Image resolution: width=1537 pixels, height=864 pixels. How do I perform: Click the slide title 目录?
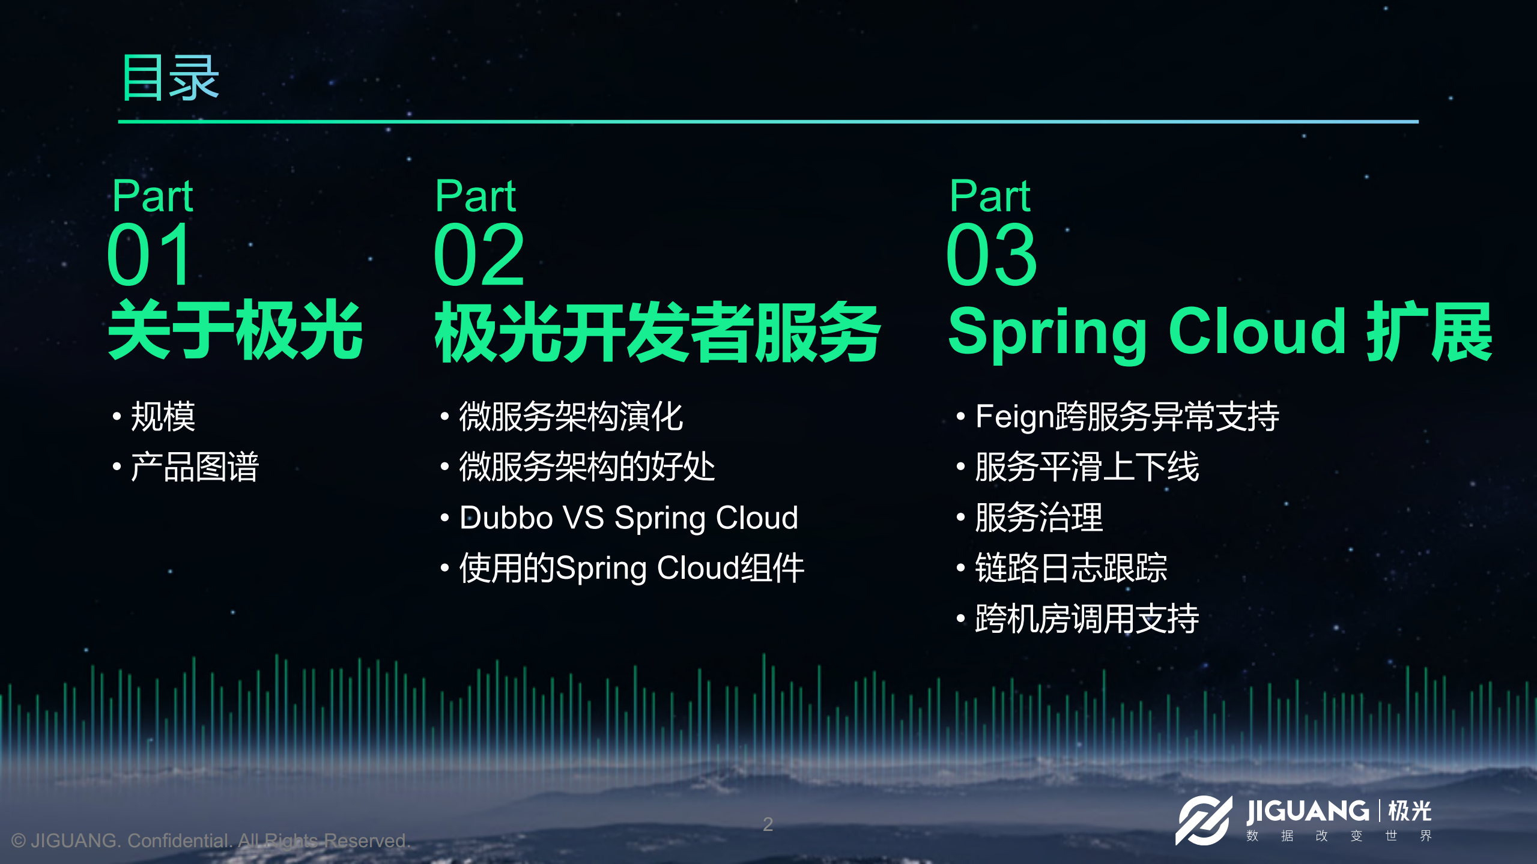[x=170, y=77]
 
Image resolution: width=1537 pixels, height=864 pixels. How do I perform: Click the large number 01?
[x=150, y=255]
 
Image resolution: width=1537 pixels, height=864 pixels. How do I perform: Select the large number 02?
[x=479, y=255]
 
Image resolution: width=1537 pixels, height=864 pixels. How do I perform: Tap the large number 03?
[x=992, y=255]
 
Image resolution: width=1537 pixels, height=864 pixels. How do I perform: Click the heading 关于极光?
[x=235, y=331]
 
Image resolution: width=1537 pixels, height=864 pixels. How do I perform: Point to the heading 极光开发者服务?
[x=657, y=332]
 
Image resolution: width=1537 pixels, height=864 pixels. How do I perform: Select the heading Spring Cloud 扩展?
[x=1219, y=332]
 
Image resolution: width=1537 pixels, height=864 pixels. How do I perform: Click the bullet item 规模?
[x=163, y=416]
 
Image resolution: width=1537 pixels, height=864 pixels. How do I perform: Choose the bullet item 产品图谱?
[x=194, y=467]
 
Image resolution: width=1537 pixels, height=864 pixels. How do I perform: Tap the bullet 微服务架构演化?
[x=571, y=416]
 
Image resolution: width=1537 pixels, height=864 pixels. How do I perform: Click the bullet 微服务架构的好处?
[x=587, y=467]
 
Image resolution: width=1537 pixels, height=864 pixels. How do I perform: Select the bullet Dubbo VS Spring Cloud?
[x=628, y=518]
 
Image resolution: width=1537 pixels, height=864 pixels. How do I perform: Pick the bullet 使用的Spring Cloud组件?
[x=631, y=568]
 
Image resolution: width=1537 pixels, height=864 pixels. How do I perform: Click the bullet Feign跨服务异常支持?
[x=1127, y=416]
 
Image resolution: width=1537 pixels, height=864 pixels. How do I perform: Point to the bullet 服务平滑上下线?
[x=1087, y=467]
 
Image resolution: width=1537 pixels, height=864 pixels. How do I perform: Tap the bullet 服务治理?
[x=1038, y=518]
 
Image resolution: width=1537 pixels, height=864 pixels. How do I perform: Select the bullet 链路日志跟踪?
[x=1071, y=568]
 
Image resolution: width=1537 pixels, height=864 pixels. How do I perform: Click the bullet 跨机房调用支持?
[x=1087, y=618]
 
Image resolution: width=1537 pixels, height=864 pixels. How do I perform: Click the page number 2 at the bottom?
[x=768, y=824]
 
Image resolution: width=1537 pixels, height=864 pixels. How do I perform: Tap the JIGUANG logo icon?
[x=1202, y=820]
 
